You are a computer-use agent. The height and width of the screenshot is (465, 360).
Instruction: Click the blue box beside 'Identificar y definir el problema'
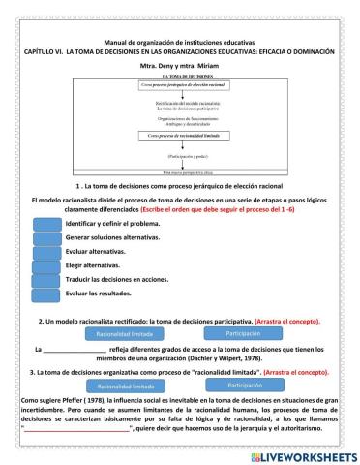pyautogui.click(x=46, y=222)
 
